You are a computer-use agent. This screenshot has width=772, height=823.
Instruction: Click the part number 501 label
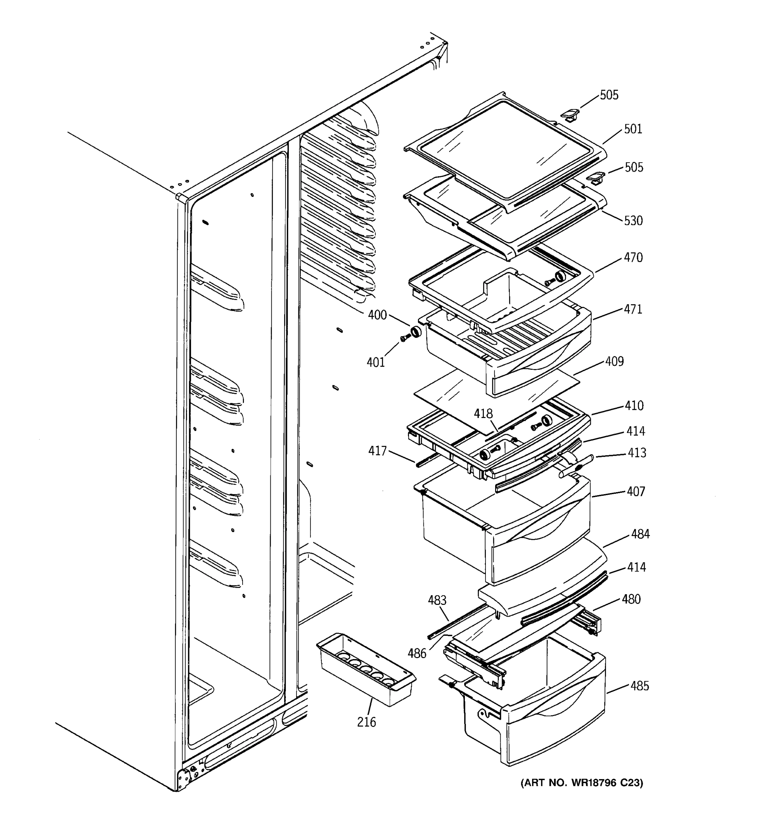pyautogui.click(x=633, y=129)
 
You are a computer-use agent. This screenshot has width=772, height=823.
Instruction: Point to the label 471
pyautogui.click(x=633, y=309)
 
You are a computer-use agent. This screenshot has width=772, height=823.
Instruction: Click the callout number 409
pyautogui.click(x=614, y=361)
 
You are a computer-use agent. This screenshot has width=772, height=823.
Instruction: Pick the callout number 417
pyautogui.click(x=377, y=451)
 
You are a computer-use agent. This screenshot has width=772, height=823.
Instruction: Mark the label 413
pyautogui.click(x=636, y=453)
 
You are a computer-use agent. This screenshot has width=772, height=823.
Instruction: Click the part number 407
pyautogui.click(x=636, y=491)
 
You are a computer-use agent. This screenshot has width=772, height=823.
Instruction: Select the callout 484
pyautogui.click(x=640, y=535)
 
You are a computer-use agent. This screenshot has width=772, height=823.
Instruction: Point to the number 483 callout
pyautogui.click(x=437, y=600)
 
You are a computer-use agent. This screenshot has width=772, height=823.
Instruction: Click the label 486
pyautogui.click(x=417, y=654)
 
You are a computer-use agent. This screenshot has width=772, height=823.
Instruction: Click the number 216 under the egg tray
pyautogui.click(x=366, y=723)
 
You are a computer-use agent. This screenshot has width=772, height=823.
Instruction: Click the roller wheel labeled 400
pyautogui.click(x=415, y=332)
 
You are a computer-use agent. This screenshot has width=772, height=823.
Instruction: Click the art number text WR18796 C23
pyautogui.click(x=582, y=783)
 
